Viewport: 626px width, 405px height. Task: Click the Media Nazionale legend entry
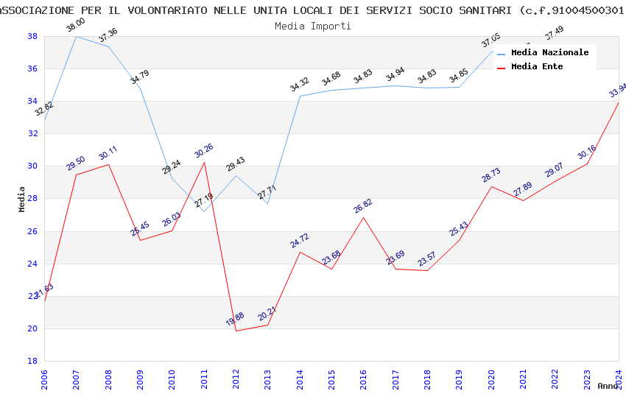coord(549,52)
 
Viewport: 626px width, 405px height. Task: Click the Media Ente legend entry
coord(537,66)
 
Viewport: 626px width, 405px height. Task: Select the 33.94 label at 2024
coord(617,91)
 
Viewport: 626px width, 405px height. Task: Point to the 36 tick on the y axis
coord(32,68)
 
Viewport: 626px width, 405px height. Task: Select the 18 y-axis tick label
coord(32,361)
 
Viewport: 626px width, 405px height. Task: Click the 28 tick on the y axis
coord(32,199)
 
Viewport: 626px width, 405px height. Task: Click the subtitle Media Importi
coord(312,26)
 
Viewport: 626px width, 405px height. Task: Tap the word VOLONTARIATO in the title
coord(166,10)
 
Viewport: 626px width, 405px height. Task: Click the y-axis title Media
coord(21,199)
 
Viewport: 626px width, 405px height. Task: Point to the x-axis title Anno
coord(608,386)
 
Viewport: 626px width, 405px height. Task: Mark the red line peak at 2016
coord(363,217)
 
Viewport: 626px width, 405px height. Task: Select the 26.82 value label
coord(363,205)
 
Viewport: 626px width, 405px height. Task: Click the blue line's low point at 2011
coord(204,211)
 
